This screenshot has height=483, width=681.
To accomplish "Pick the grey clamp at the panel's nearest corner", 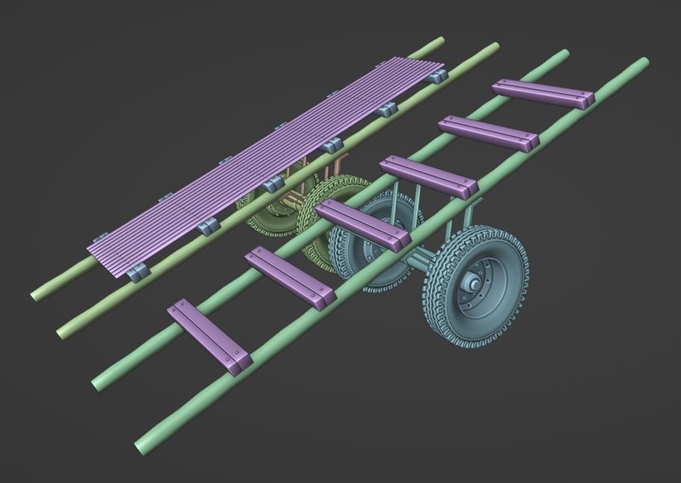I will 137,271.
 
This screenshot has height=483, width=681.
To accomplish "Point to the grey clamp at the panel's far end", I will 437,73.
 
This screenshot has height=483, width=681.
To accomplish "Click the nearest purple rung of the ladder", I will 209,335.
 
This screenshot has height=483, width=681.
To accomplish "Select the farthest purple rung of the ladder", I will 543,94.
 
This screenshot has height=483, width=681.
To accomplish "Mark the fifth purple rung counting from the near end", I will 488,133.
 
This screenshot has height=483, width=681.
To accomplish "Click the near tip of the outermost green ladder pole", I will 143,445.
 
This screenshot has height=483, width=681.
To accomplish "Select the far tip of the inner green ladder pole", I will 564,54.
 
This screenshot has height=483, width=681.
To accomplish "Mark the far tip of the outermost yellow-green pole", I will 440,41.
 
